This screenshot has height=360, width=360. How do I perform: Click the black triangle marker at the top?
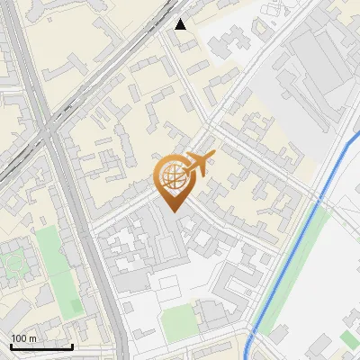[x=181, y=24]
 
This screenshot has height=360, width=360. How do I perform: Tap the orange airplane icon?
[x=199, y=163]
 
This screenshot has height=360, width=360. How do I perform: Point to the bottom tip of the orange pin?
[x=173, y=211]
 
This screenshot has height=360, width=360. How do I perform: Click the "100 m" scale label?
[x=24, y=337]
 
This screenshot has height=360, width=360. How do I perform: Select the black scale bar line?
[x=41, y=346]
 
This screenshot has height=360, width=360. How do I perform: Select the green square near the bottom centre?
[x=179, y=321]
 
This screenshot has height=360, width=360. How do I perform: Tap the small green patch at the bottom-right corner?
[x=349, y=338]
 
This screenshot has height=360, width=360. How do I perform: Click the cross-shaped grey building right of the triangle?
[x=236, y=38]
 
